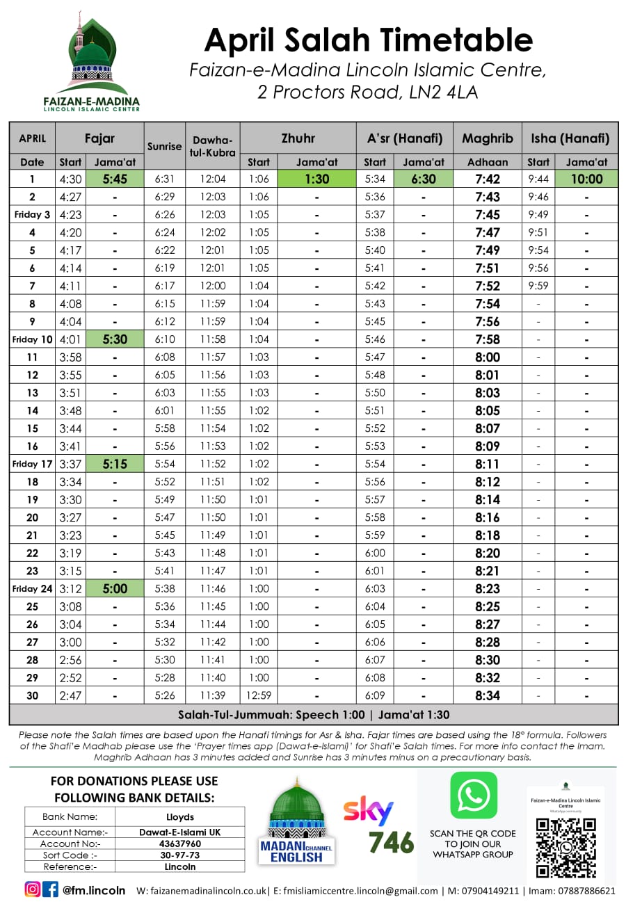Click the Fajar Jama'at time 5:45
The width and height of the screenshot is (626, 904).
(x=115, y=179)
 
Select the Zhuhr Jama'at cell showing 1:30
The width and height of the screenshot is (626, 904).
(x=316, y=179)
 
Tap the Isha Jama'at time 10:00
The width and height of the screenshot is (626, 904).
(x=586, y=179)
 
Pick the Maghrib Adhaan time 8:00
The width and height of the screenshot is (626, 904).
(x=487, y=357)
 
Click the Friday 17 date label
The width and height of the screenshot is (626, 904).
(x=32, y=464)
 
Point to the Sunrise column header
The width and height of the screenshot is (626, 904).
(x=164, y=147)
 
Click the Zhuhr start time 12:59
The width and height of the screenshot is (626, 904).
(x=258, y=695)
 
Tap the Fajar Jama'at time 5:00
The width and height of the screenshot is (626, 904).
(x=115, y=588)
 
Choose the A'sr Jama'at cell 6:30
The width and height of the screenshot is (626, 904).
(x=423, y=179)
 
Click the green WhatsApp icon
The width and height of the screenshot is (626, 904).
(x=473, y=794)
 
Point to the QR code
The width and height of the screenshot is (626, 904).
(x=566, y=847)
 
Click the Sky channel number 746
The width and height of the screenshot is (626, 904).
(x=391, y=841)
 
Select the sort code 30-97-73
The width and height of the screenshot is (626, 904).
(x=179, y=855)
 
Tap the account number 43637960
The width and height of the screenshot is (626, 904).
(x=179, y=843)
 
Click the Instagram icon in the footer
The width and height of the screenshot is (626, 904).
(x=33, y=889)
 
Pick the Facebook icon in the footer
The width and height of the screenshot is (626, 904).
(x=51, y=889)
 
